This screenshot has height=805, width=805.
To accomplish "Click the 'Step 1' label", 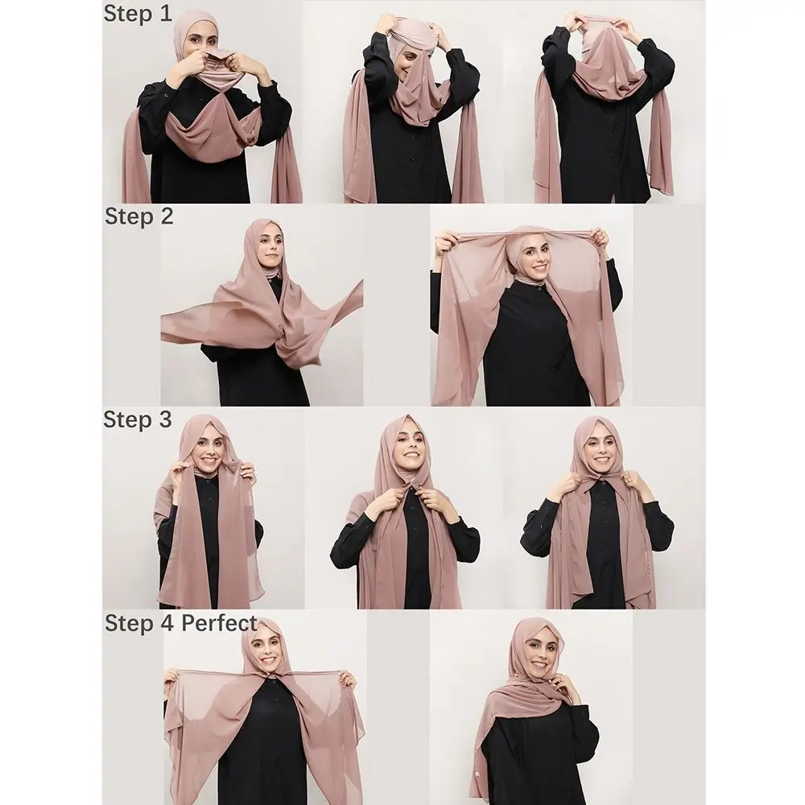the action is [138, 13].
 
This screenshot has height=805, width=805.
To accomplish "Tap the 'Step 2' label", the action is [138, 216].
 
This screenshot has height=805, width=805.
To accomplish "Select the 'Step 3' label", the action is [138, 419].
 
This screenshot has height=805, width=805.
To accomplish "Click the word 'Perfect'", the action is [219, 623].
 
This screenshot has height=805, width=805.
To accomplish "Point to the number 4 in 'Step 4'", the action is [167, 623].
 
